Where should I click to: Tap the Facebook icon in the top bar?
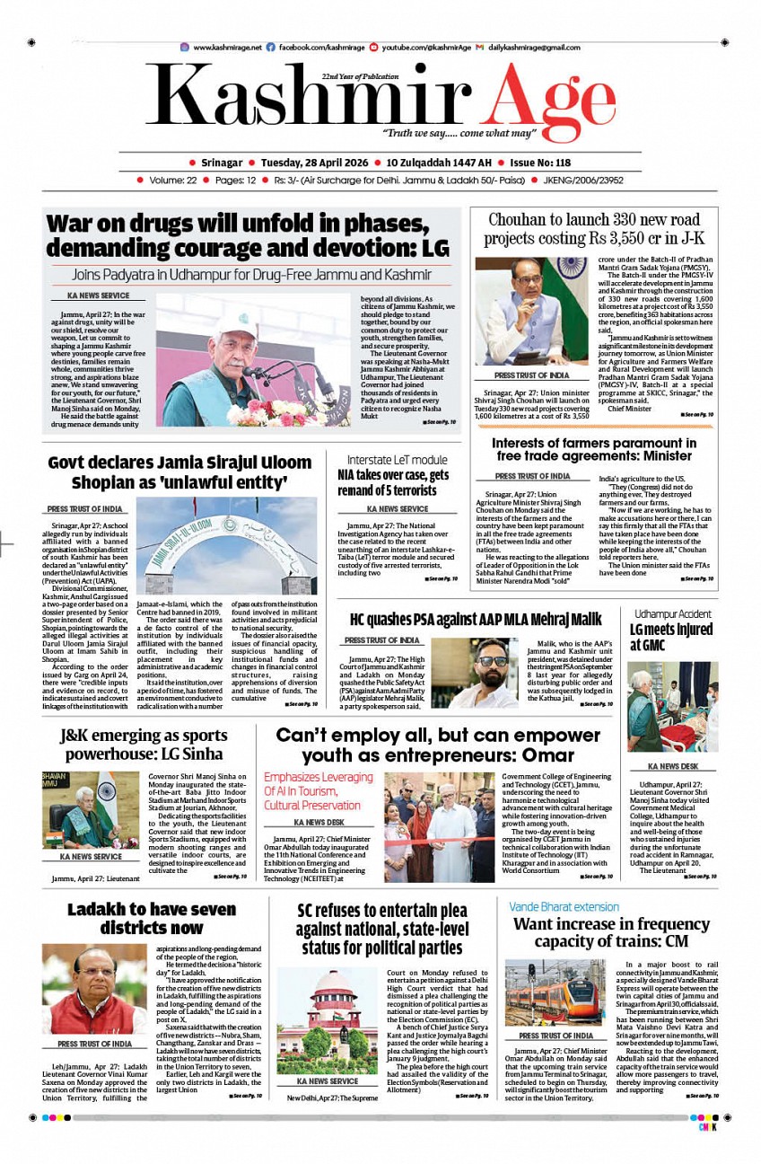click(x=271, y=47)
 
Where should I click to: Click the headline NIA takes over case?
click(x=393, y=481)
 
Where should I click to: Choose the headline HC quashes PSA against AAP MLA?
click(x=475, y=619)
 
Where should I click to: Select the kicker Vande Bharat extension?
click(x=564, y=906)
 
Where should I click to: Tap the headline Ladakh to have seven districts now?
click(x=152, y=918)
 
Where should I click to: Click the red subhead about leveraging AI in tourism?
click(x=318, y=791)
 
